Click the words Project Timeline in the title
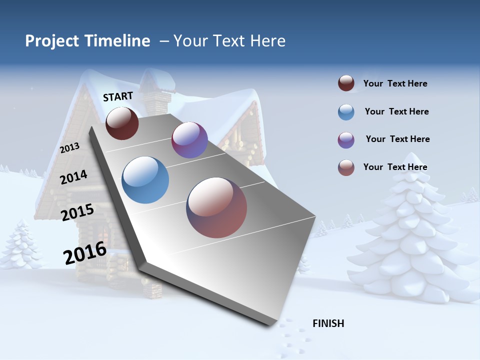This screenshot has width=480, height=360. [87, 41]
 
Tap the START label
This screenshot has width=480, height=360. [118, 96]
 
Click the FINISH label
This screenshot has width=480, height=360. [328, 323]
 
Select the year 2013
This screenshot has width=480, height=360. [70, 148]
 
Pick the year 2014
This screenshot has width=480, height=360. [73, 177]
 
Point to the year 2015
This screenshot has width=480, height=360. [77, 212]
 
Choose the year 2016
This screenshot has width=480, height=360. [85, 252]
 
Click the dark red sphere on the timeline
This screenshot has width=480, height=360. [122, 123]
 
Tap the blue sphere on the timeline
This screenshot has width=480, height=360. [145, 180]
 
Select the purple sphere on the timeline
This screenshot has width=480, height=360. [189, 140]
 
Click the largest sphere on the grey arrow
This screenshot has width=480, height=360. [216, 207]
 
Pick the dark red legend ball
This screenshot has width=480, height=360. [346, 83]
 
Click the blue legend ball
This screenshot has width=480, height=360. [346, 112]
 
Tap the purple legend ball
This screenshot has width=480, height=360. [346, 140]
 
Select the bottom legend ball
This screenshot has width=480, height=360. [346, 167]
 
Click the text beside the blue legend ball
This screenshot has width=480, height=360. [396, 111]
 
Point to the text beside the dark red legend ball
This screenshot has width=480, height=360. [395, 83]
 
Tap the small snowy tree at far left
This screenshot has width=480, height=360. [20, 245]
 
